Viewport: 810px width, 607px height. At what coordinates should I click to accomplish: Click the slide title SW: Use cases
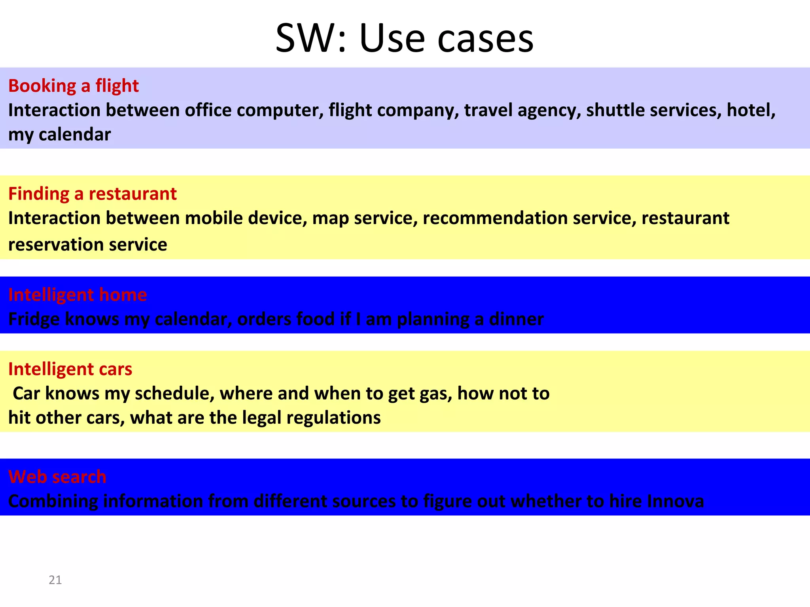click(404, 38)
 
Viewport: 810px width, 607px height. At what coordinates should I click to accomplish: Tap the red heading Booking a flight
click(74, 86)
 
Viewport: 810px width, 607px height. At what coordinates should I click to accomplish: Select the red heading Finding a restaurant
click(92, 194)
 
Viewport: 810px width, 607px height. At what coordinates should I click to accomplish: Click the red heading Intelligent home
click(78, 295)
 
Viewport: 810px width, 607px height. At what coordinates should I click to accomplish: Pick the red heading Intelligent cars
click(70, 369)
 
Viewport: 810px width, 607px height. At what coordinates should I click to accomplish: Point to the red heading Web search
click(57, 477)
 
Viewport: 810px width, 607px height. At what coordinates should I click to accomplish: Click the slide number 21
click(55, 580)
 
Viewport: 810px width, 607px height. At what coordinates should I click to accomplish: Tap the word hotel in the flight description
click(751, 110)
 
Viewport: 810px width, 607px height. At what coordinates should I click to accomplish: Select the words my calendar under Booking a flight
click(59, 135)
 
